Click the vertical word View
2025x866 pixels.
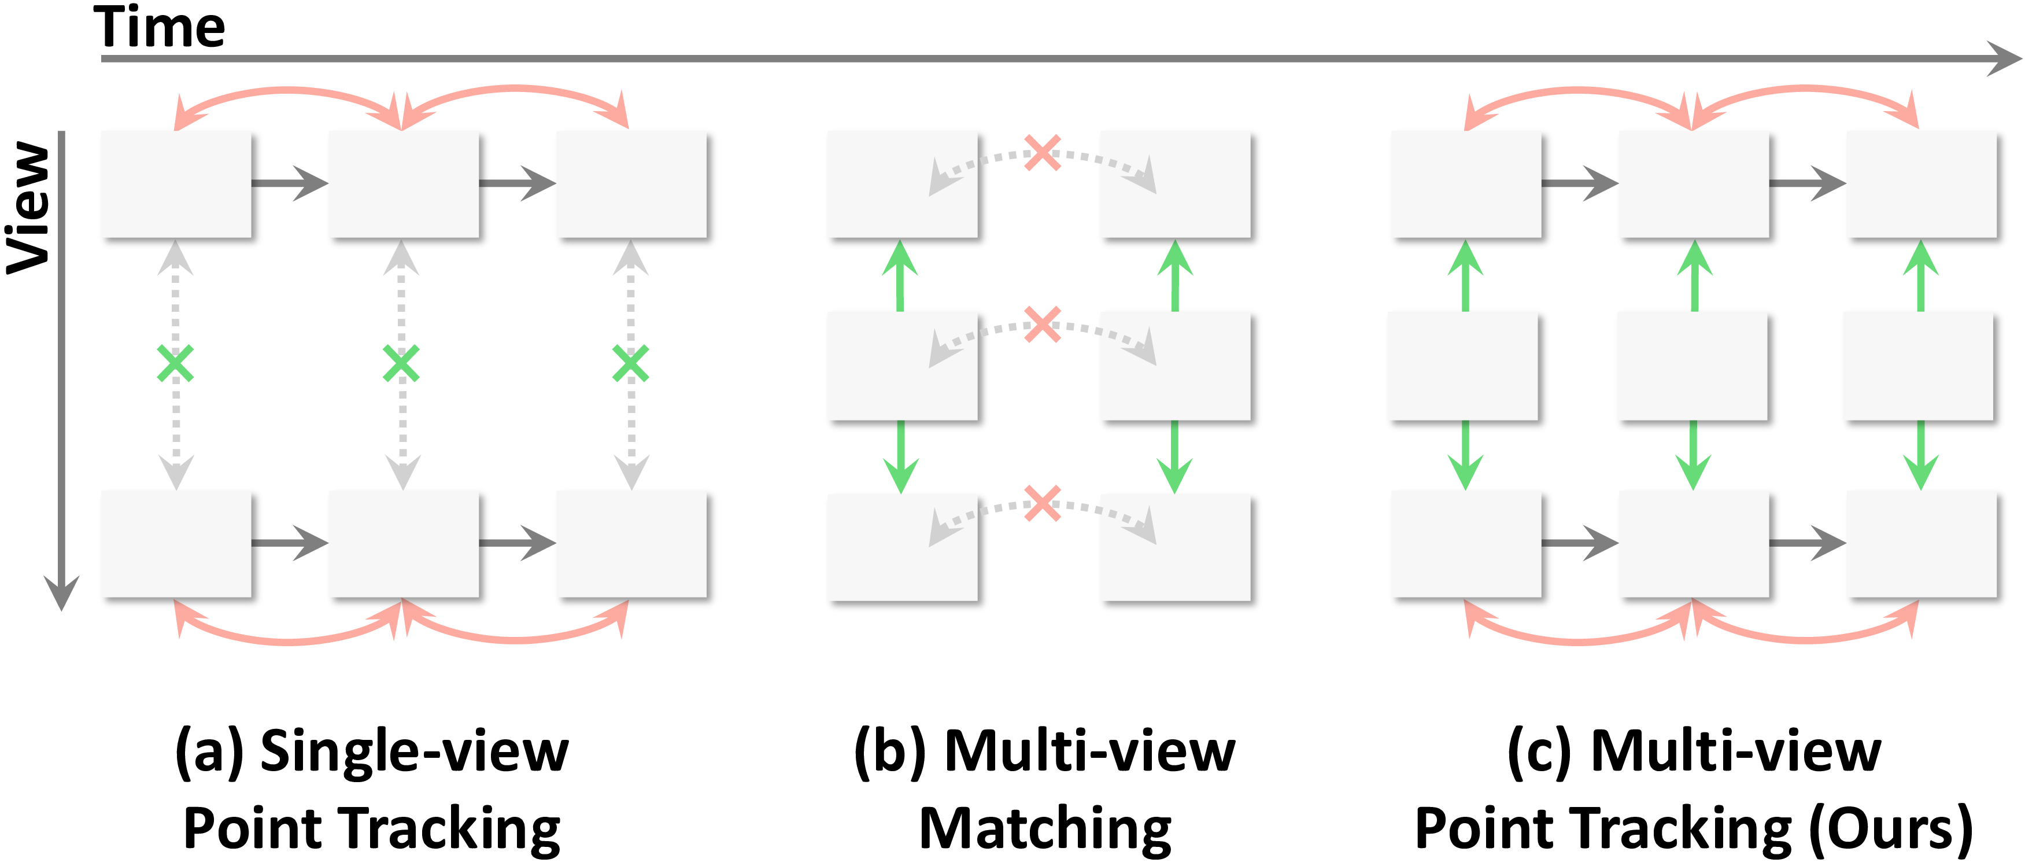(x=28, y=208)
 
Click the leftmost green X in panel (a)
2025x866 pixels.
(x=175, y=363)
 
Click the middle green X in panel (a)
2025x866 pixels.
(x=401, y=363)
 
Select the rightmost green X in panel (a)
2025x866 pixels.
(x=630, y=363)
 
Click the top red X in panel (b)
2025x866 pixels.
(x=1043, y=153)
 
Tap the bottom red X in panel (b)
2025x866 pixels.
(x=1043, y=503)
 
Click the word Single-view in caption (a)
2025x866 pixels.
(x=414, y=751)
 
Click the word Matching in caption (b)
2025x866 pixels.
(x=1045, y=829)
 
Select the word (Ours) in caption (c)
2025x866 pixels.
(x=1891, y=829)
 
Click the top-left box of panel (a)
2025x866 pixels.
(x=176, y=184)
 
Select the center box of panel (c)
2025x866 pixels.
(x=1692, y=366)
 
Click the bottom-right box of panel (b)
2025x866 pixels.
(x=1174, y=547)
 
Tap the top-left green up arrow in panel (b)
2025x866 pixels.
(x=900, y=275)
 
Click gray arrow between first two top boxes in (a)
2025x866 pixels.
(x=290, y=183)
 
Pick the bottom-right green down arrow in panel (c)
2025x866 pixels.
(x=1920, y=456)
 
